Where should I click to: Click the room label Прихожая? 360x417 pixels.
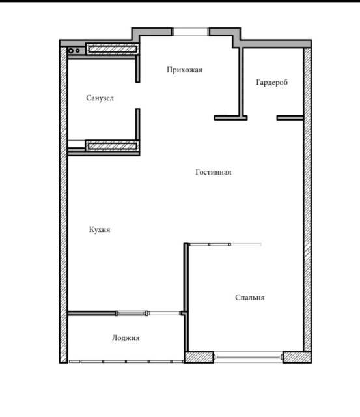(x=185, y=70)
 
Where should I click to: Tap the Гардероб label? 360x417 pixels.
(x=272, y=83)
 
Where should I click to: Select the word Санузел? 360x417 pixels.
(x=100, y=98)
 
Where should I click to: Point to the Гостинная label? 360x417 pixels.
(x=214, y=172)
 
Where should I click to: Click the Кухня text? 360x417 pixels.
(x=100, y=229)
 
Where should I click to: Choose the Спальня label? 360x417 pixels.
(x=250, y=298)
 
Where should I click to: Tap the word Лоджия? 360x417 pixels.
(x=126, y=338)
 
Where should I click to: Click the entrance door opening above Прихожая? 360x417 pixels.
(x=191, y=32)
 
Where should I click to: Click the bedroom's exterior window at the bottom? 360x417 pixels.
(x=249, y=357)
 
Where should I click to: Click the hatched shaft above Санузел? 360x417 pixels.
(x=112, y=49)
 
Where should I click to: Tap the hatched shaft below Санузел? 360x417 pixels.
(x=112, y=146)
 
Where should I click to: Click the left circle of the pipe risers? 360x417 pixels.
(x=71, y=51)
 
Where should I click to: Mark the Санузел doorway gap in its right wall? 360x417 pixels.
(x=137, y=96)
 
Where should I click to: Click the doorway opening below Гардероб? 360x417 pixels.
(x=262, y=117)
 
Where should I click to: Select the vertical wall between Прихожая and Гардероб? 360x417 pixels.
(x=241, y=81)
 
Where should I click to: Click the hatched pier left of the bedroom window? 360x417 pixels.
(x=199, y=357)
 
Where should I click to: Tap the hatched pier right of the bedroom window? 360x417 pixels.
(x=298, y=357)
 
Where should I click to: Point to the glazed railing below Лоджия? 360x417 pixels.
(x=126, y=362)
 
